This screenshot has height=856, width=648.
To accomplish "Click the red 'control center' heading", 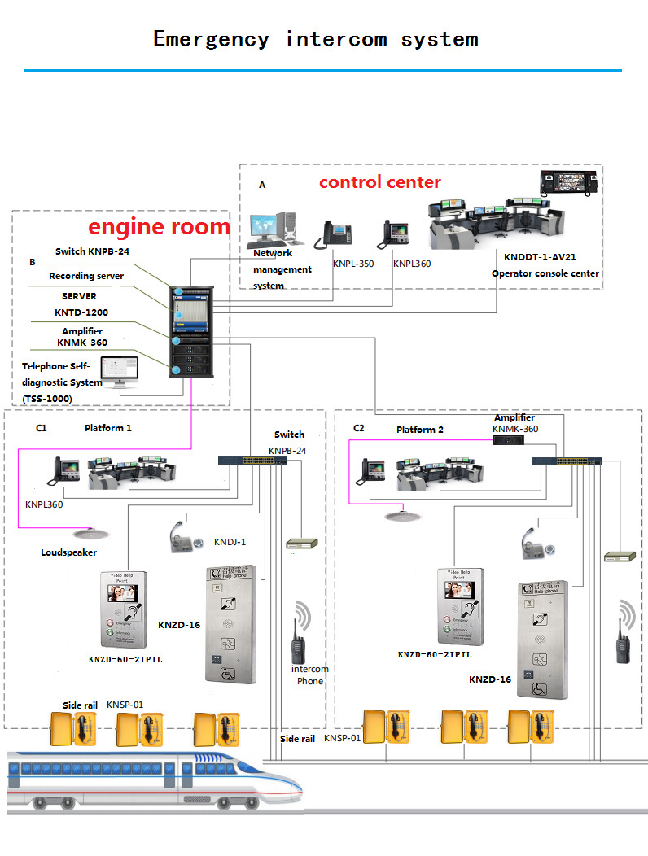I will (x=379, y=182).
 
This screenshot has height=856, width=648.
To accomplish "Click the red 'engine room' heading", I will (x=159, y=226).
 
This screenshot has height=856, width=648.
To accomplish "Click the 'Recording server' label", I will (x=86, y=277).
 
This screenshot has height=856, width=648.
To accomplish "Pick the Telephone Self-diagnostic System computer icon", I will (x=125, y=373).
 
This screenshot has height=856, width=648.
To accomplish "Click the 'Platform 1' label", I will (x=107, y=428).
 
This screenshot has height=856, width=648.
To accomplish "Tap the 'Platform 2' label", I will (x=420, y=429).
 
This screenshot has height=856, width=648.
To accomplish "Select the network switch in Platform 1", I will (x=252, y=461).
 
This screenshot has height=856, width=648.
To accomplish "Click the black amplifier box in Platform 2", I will (x=509, y=439).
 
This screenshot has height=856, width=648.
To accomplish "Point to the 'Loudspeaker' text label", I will (x=68, y=552).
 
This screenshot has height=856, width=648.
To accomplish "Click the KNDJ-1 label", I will (x=230, y=542).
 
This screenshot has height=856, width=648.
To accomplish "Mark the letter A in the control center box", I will (x=262, y=186).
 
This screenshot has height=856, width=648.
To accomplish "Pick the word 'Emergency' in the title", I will (x=211, y=38).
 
